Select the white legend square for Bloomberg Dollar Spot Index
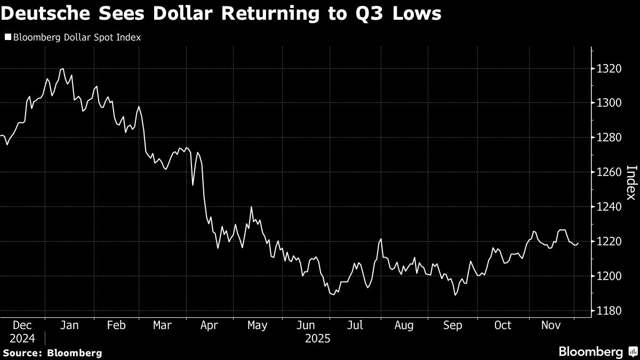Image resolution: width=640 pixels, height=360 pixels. [7, 38]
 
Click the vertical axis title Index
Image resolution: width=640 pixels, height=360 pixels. [631, 182]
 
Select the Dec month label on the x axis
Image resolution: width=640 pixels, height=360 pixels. [22, 325]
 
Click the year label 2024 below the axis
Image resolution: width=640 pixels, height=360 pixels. [22, 339]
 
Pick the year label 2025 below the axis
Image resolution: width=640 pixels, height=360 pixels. [318, 339]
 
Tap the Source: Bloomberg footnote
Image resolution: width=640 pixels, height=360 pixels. [52, 353]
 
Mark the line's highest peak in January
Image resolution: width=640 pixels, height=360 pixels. [62, 68]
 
